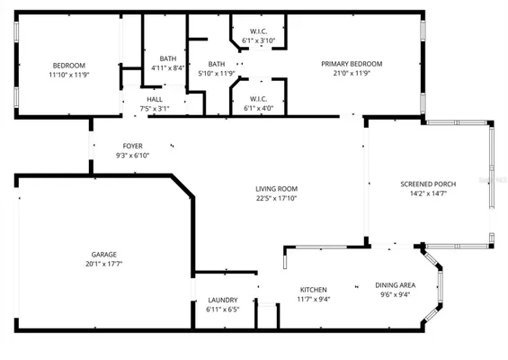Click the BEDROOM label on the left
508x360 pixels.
(68, 65)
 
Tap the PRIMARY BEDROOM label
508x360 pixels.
(352, 64)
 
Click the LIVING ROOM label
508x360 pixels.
(276, 188)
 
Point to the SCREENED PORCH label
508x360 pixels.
(428, 184)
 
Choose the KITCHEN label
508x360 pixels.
(314, 290)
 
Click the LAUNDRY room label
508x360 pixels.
(222, 300)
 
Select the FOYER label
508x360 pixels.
(132, 145)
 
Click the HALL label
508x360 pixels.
(155, 99)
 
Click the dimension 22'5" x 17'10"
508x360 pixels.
(276, 198)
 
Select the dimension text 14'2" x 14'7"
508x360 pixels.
(428, 193)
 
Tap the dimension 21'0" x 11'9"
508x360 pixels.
(352, 74)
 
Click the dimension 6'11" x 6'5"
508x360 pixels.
(222, 310)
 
